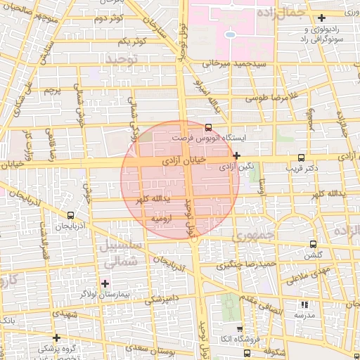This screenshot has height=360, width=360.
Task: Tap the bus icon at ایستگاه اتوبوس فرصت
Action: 207,128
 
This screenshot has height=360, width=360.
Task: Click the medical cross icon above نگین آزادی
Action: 237,156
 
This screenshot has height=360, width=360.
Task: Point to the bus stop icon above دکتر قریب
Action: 302,157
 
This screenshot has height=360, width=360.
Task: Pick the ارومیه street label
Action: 162,219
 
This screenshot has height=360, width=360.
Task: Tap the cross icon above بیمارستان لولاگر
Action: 105,283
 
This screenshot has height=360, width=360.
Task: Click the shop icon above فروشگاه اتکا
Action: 240,328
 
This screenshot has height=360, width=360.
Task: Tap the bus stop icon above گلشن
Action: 314,245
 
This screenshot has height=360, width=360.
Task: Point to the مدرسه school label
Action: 304,316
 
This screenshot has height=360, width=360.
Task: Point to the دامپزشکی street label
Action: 162,302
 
